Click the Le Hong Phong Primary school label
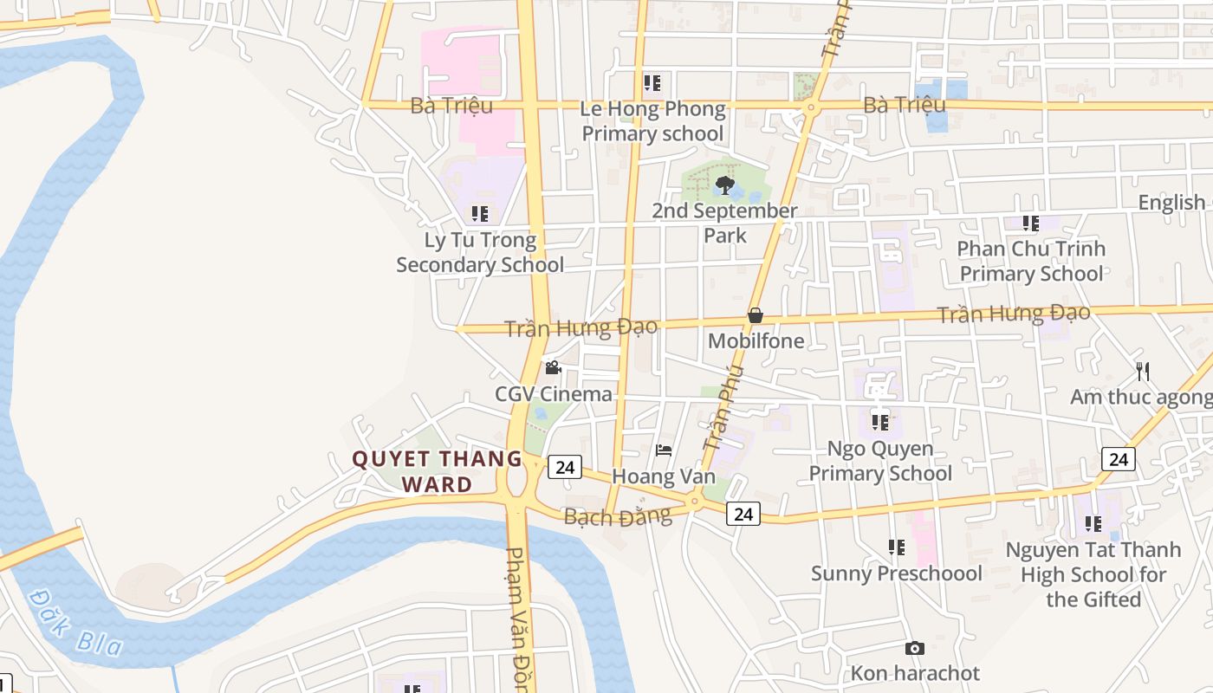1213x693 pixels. coord(652,121)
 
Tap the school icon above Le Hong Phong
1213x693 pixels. coord(652,83)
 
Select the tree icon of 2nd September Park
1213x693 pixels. coord(725,185)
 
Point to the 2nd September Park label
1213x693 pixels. coord(725,223)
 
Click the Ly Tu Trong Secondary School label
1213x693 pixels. coord(480,252)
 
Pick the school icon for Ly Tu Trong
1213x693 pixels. coord(480,213)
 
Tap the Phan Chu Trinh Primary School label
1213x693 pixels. coord(1031,261)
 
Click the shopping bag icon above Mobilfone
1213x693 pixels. coord(756,315)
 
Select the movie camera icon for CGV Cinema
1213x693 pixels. coord(553,368)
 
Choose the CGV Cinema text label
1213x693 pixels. coord(553,394)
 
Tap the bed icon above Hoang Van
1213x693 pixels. coord(664,450)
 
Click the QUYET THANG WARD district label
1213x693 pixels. coord(437,471)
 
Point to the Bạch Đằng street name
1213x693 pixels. coord(617,517)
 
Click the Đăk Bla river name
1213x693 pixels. coord(74,622)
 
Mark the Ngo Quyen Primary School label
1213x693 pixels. coord(880,461)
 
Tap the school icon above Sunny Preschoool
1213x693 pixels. coord(896,547)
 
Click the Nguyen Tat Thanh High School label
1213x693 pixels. coord(1093,574)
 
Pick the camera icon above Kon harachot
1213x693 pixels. coord(914,648)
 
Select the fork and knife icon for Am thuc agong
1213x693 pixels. coord(1143,372)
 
